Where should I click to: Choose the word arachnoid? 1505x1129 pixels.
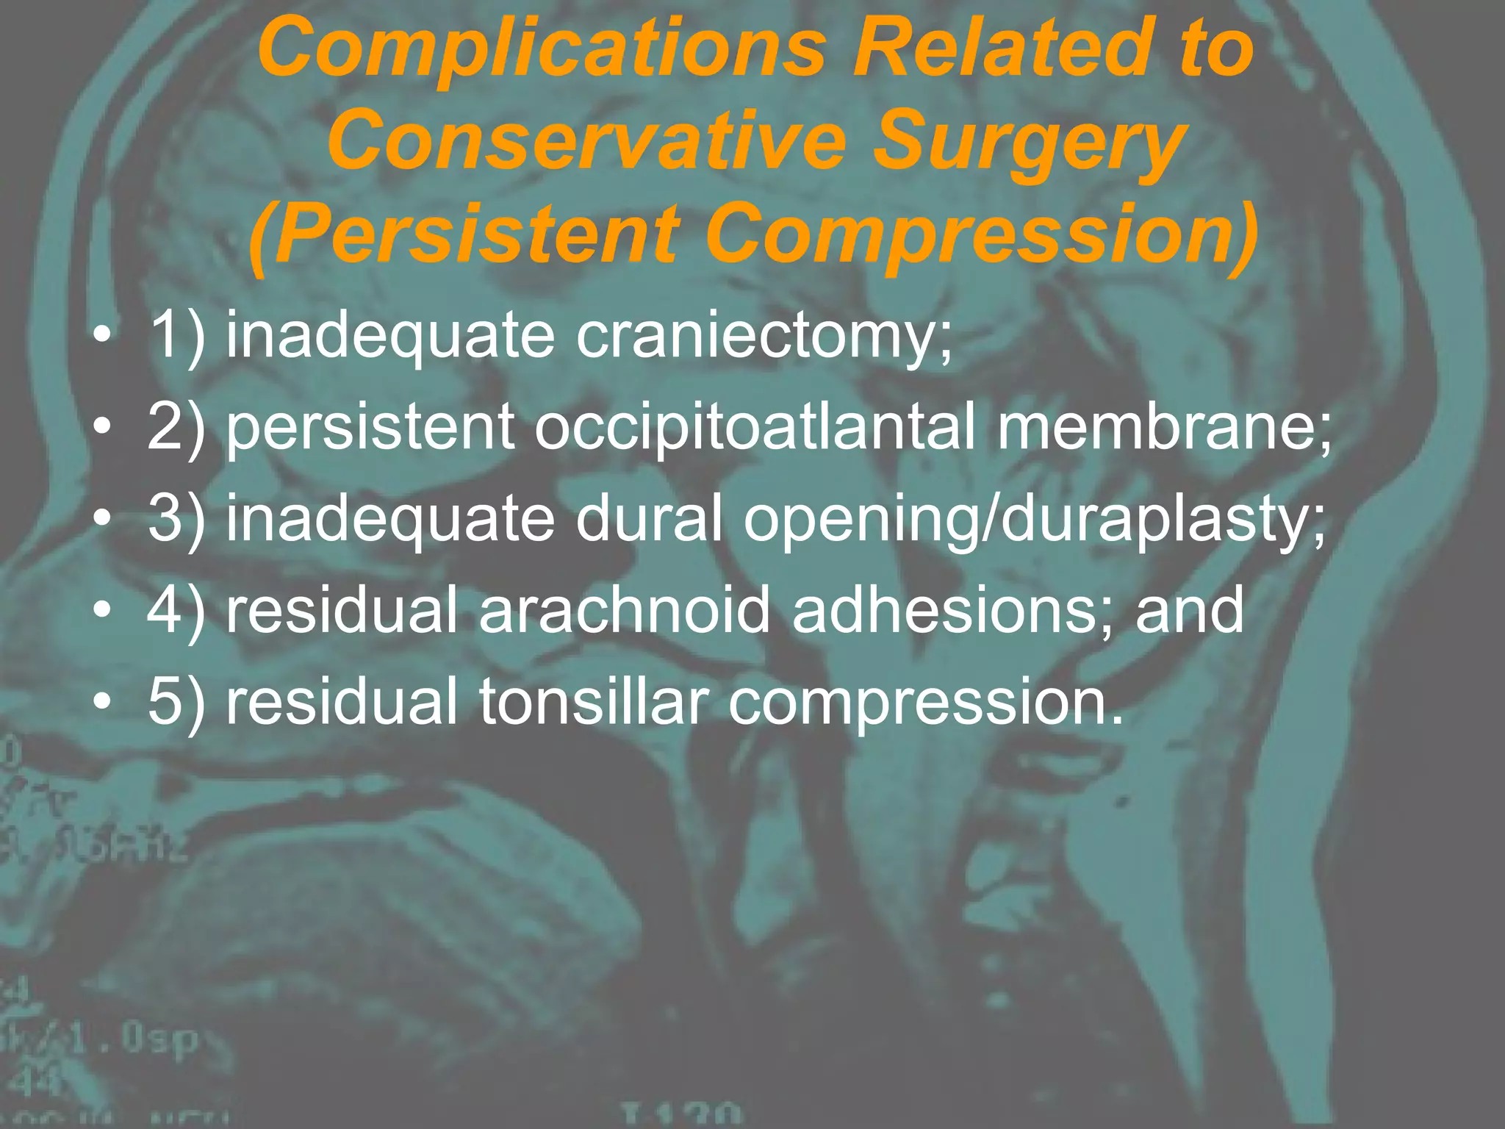[x=625, y=610]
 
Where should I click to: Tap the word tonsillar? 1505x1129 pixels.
[x=594, y=702]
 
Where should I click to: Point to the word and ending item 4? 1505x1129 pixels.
[x=1189, y=610]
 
